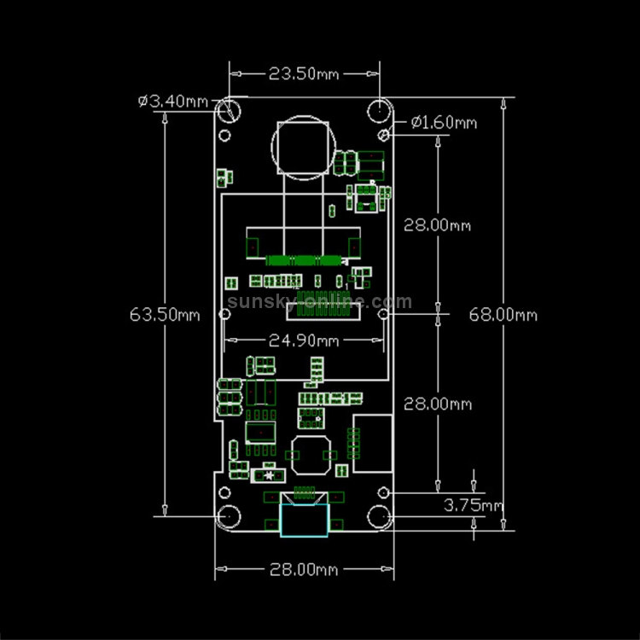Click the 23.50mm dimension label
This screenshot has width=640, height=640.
click(304, 74)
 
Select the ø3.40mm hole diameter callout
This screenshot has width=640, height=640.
click(173, 101)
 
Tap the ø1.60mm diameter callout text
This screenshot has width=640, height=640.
click(444, 122)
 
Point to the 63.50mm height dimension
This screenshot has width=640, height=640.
click(165, 315)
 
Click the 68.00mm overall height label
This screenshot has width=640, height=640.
click(503, 315)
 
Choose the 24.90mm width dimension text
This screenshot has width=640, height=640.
click(304, 340)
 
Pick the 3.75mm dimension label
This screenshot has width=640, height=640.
click(474, 505)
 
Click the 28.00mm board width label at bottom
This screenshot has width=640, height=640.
click(304, 569)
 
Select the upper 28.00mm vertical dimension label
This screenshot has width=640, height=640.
click(437, 225)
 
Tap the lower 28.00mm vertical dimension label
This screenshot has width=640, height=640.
click(438, 404)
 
